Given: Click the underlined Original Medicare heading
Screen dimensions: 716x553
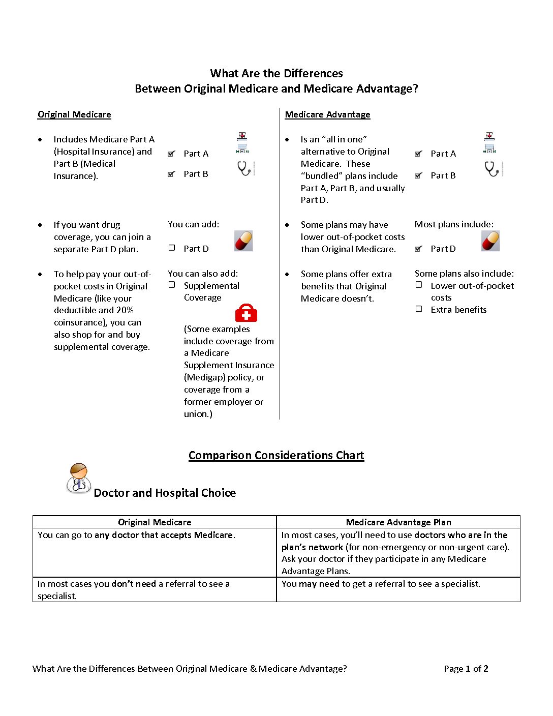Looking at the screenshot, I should pyautogui.click(x=74, y=114).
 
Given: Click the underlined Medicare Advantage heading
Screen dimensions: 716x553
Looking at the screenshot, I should pyautogui.click(x=327, y=114).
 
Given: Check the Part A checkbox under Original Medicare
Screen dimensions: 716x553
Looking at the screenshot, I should pyautogui.click(x=171, y=154).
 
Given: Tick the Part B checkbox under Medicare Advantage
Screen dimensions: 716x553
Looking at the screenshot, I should pyautogui.click(x=418, y=175).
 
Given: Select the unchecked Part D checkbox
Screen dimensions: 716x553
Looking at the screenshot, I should pyautogui.click(x=172, y=248).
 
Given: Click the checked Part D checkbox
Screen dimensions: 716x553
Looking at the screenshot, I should pyautogui.click(x=418, y=249).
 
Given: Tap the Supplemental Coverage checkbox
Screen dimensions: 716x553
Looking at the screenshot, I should pyautogui.click(x=172, y=285).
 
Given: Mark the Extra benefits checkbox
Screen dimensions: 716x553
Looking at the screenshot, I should pyautogui.click(x=419, y=309).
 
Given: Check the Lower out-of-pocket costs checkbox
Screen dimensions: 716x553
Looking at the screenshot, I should pyautogui.click(x=419, y=285).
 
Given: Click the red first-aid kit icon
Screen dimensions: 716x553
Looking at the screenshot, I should pyautogui.click(x=246, y=313).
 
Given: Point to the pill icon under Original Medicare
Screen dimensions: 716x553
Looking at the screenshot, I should pyautogui.click(x=243, y=241).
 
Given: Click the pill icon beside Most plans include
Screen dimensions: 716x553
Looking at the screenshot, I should pyautogui.click(x=490, y=241).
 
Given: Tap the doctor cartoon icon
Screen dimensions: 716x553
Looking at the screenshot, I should pyautogui.click(x=78, y=479).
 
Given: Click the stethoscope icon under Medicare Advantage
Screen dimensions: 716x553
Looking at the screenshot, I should pyautogui.click(x=492, y=169).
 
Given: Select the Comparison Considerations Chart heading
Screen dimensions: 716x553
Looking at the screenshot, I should pyautogui.click(x=276, y=455).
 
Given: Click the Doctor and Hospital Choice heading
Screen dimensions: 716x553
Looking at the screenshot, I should pyautogui.click(x=165, y=493).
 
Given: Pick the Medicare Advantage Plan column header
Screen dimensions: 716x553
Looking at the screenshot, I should pyautogui.click(x=398, y=522).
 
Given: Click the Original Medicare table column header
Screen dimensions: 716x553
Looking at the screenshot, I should pyautogui.click(x=155, y=522).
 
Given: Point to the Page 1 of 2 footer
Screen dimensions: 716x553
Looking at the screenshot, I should pyautogui.click(x=466, y=669).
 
